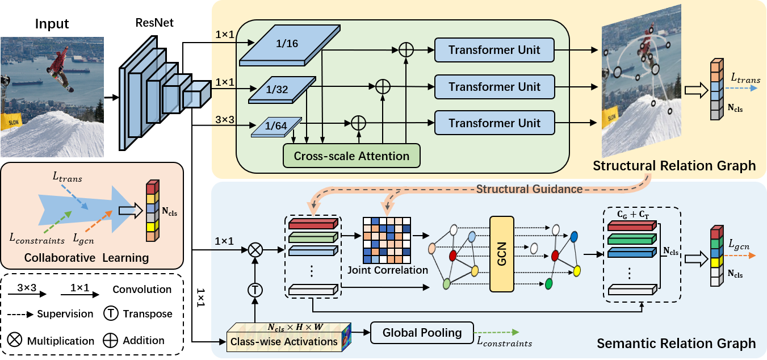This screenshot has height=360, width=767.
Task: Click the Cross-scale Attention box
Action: (351, 156)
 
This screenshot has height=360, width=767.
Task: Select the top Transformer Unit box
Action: (494, 50)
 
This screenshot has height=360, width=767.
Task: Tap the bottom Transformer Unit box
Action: (494, 123)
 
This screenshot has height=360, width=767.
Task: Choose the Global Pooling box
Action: (422, 333)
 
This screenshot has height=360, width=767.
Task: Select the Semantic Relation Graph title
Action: (676, 344)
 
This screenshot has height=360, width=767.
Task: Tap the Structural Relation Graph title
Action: (674, 166)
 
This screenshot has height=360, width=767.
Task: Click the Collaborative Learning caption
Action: (87, 258)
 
